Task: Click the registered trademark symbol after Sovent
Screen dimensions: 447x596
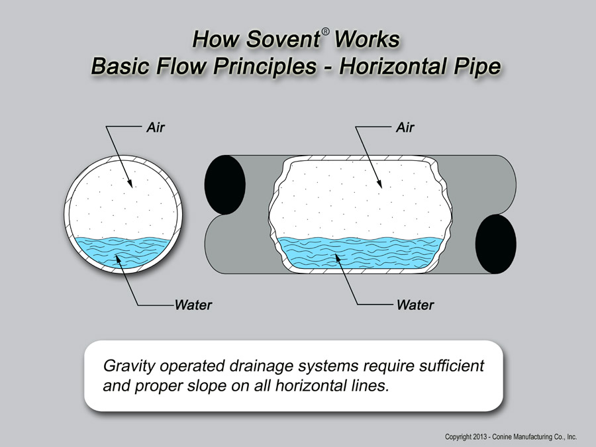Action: [x=326, y=32]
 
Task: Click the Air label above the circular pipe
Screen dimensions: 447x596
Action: [x=155, y=127]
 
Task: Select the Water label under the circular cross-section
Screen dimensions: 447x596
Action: [x=193, y=305]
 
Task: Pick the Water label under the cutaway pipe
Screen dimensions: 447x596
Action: [x=415, y=305]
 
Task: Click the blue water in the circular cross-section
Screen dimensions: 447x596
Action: [x=126, y=252]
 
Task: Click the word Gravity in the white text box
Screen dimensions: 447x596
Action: [x=126, y=366]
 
